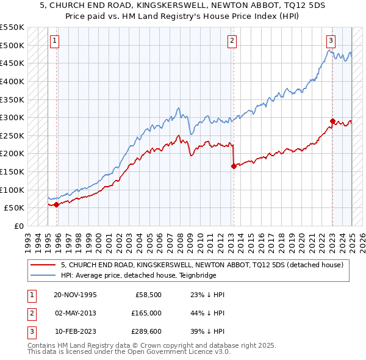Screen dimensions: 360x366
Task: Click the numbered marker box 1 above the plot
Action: [54, 41]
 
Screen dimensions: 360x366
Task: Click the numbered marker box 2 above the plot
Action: [232, 41]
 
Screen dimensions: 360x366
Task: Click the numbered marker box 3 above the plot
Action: [331, 41]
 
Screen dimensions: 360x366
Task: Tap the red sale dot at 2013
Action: [234, 165]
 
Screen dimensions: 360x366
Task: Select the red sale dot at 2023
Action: [332, 121]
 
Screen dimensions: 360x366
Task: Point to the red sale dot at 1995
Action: [57, 204]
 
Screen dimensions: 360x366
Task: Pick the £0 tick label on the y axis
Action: [19, 226]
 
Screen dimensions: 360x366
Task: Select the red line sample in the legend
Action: [43, 265]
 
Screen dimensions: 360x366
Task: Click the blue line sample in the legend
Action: [43, 275]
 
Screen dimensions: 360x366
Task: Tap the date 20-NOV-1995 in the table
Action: [75, 294]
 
